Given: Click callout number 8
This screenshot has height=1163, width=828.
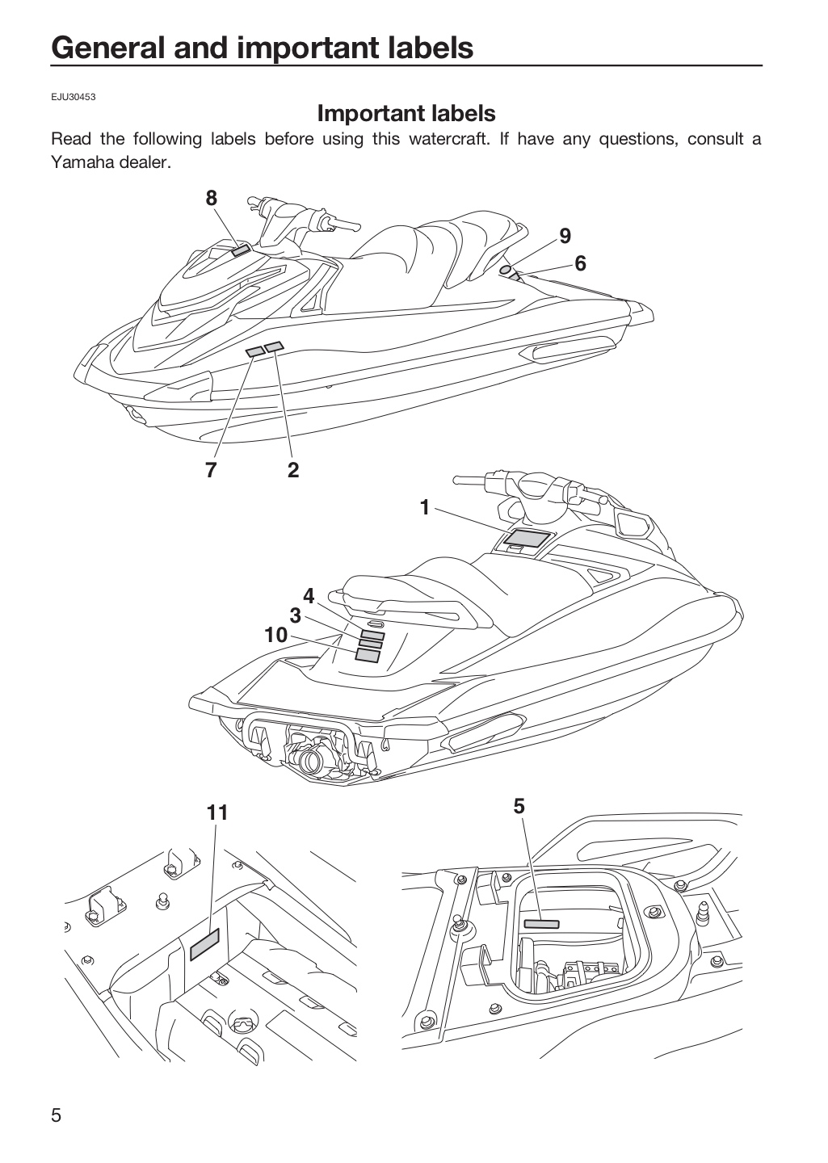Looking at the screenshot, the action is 211,198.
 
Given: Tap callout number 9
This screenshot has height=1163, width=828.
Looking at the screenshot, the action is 565,236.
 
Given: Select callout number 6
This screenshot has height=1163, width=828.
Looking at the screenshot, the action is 580,263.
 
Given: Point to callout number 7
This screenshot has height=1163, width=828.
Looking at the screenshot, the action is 210,470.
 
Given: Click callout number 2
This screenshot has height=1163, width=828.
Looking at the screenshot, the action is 293,470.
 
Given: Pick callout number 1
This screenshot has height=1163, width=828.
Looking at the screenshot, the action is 425,507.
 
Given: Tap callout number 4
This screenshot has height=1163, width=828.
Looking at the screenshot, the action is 309,596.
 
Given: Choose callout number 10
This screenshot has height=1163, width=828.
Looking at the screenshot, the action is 275,635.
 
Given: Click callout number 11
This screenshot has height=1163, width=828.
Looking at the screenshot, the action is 217,812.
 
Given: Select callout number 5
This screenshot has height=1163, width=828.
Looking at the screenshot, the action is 519,806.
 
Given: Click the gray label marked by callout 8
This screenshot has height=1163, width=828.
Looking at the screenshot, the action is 241,250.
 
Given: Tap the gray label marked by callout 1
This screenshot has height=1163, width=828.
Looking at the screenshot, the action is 527,538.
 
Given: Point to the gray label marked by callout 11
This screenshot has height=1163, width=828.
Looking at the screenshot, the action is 205,944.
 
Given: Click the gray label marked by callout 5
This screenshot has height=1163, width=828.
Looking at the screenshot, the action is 541,924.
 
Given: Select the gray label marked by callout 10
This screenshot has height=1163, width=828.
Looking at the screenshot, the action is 368,655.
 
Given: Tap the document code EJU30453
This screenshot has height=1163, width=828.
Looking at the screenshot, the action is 74,97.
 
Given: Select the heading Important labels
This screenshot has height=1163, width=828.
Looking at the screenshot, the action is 406,113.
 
